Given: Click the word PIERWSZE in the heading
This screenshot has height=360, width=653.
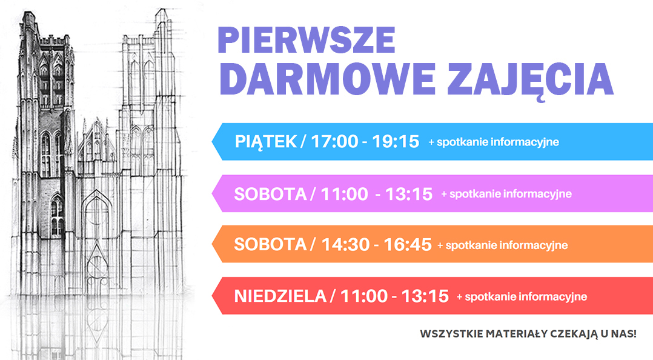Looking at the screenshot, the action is click(x=307, y=40).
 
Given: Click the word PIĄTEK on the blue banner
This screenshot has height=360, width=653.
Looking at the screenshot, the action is click(x=266, y=142).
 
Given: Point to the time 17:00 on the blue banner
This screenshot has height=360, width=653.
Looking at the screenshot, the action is click(x=334, y=142).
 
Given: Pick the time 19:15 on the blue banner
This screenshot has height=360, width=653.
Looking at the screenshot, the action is click(x=395, y=142).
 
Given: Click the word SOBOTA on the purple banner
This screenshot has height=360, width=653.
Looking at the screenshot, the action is click(x=270, y=194).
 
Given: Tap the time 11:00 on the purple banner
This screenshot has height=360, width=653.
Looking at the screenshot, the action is click(x=345, y=194).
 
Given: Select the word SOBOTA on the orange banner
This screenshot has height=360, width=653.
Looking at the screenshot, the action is click(x=270, y=244).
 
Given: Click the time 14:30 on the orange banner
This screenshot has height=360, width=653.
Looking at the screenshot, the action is click(x=346, y=245).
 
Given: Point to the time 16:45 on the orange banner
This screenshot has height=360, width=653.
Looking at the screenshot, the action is click(x=408, y=245).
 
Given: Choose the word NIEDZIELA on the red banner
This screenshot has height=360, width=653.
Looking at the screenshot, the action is click(x=280, y=296).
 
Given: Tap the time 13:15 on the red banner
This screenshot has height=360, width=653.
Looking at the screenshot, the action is click(x=425, y=296).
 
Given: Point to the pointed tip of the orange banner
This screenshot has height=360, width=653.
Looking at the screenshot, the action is click(x=213, y=244).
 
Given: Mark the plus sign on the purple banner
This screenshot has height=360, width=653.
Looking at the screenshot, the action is click(x=445, y=194).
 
